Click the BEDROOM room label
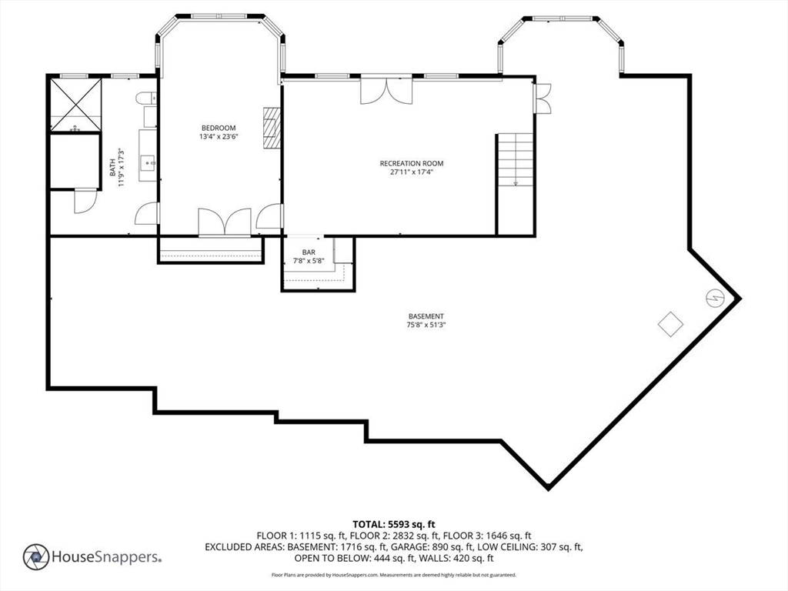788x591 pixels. (219, 128)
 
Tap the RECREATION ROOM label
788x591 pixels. (412, 163)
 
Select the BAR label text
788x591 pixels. (309, 252)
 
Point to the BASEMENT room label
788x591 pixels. (426, 316)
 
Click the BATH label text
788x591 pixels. (113, 167)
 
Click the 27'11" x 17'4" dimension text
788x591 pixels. (412, 172)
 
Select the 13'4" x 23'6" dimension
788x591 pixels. (219, 136)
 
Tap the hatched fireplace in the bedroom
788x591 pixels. (272, 128)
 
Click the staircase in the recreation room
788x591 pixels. (515, 159)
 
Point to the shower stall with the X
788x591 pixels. (76, 104)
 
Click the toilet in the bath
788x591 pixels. (146, 98)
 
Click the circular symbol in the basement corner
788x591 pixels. (715, 299)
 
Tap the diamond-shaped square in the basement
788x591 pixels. (670, 324)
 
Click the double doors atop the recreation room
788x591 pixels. (386, 91)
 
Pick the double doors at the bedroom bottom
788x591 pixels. (225, 222)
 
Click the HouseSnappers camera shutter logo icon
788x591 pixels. (36, 557)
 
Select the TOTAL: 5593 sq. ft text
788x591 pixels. (393, 525)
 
